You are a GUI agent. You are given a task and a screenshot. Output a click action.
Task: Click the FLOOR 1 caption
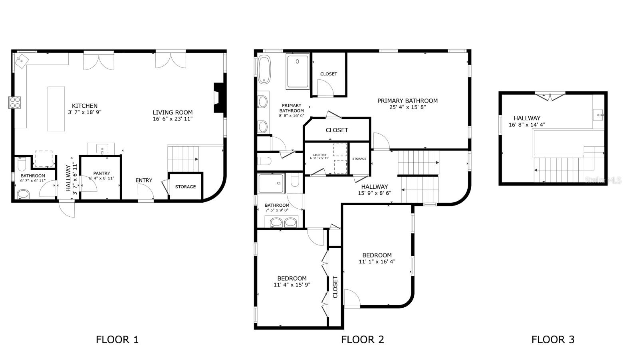pos(117,340)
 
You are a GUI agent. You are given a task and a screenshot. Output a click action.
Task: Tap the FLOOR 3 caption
pos(553,340)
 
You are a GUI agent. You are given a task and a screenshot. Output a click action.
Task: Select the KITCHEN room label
pos(84,106)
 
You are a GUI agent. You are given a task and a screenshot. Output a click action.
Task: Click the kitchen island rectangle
pos(56,109)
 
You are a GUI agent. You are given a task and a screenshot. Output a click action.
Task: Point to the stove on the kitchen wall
pos(15,103)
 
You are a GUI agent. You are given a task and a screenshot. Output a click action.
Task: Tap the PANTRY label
pos(101,173)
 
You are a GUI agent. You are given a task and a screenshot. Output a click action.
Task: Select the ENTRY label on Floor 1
pos(144,180)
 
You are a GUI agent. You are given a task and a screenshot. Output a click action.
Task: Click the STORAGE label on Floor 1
pos(185,187)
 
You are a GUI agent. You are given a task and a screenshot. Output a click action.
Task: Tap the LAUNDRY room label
pos(319,155)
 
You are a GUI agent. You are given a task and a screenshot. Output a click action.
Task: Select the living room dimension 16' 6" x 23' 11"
pos(173,119)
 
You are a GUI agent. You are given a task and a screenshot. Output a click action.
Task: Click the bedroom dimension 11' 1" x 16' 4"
pos(377,262)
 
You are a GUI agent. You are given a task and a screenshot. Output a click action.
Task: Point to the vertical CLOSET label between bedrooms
pos(335,287)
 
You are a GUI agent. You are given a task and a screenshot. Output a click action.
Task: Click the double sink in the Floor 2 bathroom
pos(284,222)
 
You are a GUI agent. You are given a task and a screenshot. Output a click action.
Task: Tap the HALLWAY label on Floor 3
pos(527,118)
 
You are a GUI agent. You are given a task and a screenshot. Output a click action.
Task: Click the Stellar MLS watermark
pos(603,180)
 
